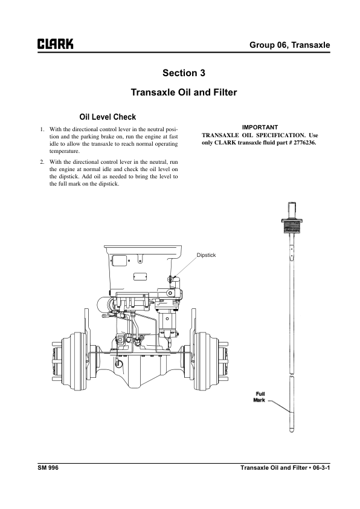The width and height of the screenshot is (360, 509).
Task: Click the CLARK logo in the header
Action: coord(56,44)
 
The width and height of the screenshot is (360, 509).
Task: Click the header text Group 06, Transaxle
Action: coord(289,45)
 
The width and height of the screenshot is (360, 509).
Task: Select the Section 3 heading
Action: coord(184,73)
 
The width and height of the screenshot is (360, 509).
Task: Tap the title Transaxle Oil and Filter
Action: coord(184,92)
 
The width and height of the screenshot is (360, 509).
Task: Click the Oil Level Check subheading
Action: coord(108,117)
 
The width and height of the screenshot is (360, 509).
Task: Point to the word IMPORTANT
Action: coord(260,127)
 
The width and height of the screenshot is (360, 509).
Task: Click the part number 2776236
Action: coord(304,143)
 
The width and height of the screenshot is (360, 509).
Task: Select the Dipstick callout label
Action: coord(206,255)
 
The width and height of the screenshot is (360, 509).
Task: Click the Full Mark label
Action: coord(259,397)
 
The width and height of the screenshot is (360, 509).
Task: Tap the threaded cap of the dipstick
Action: coord(292,225)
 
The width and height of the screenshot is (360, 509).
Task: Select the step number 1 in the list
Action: coord(42,129)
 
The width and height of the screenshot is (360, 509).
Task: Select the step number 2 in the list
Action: coord(42,161)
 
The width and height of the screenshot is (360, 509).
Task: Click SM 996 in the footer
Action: coord(48,467)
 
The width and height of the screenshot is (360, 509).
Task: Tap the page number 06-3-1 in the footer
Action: coord(321,467)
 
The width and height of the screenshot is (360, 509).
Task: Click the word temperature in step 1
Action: coord(65,151)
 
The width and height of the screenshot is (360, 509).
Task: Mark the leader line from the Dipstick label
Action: coord(185,267)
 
